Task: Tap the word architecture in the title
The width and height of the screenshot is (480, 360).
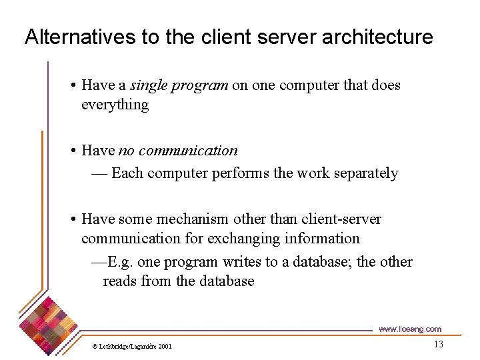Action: tap(377, 37)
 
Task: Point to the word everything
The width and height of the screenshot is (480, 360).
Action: tap(115, 105)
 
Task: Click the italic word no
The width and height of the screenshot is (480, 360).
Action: tap(125, 151)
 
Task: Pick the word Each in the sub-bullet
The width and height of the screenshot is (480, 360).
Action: tap(127, 173)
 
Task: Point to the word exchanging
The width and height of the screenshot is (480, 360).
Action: tap(239, 239)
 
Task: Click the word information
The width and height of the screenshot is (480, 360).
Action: tap(323, 239)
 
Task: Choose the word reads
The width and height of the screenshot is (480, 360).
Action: tap(119, 281)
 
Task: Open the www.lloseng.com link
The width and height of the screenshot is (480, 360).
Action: tap(409, 329)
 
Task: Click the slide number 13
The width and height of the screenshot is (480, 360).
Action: tap(438, 344)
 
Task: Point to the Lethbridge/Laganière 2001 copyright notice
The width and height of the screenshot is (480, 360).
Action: tap(132, 346)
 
